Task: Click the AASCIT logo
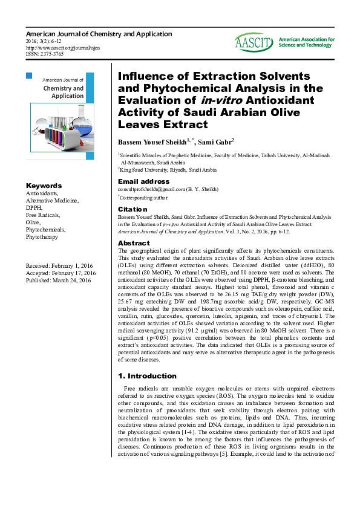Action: click(x=254, y=42)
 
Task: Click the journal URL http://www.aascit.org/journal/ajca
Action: click(x=63, y=47)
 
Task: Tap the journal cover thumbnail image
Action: click(x=60, y=117)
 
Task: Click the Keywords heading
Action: click(x=44, y=186)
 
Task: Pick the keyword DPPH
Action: click(x=34, y=207)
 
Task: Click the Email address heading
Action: click(x=143, y=181)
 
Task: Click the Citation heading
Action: click(x=133, y=209)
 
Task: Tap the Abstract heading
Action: click(x=134, y=243)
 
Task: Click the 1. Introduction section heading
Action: click(x=148, y=375)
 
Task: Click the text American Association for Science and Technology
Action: click(x=306, y=42)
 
